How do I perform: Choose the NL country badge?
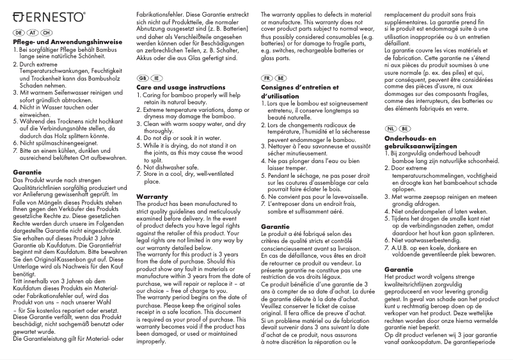point(391,128)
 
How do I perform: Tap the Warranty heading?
point(153,196)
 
